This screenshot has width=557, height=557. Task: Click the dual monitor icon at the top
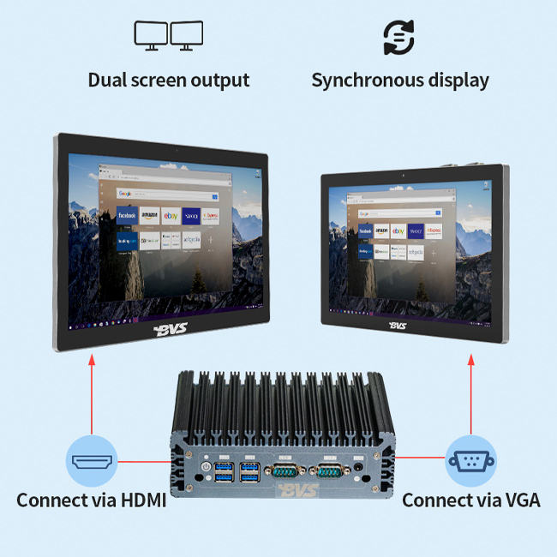tap(168, 35)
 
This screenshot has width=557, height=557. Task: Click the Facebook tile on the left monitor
tap(127, 215)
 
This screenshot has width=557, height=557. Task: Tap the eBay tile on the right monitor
tap(398, 231)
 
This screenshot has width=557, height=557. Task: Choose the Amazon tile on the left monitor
tap(149, 215)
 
